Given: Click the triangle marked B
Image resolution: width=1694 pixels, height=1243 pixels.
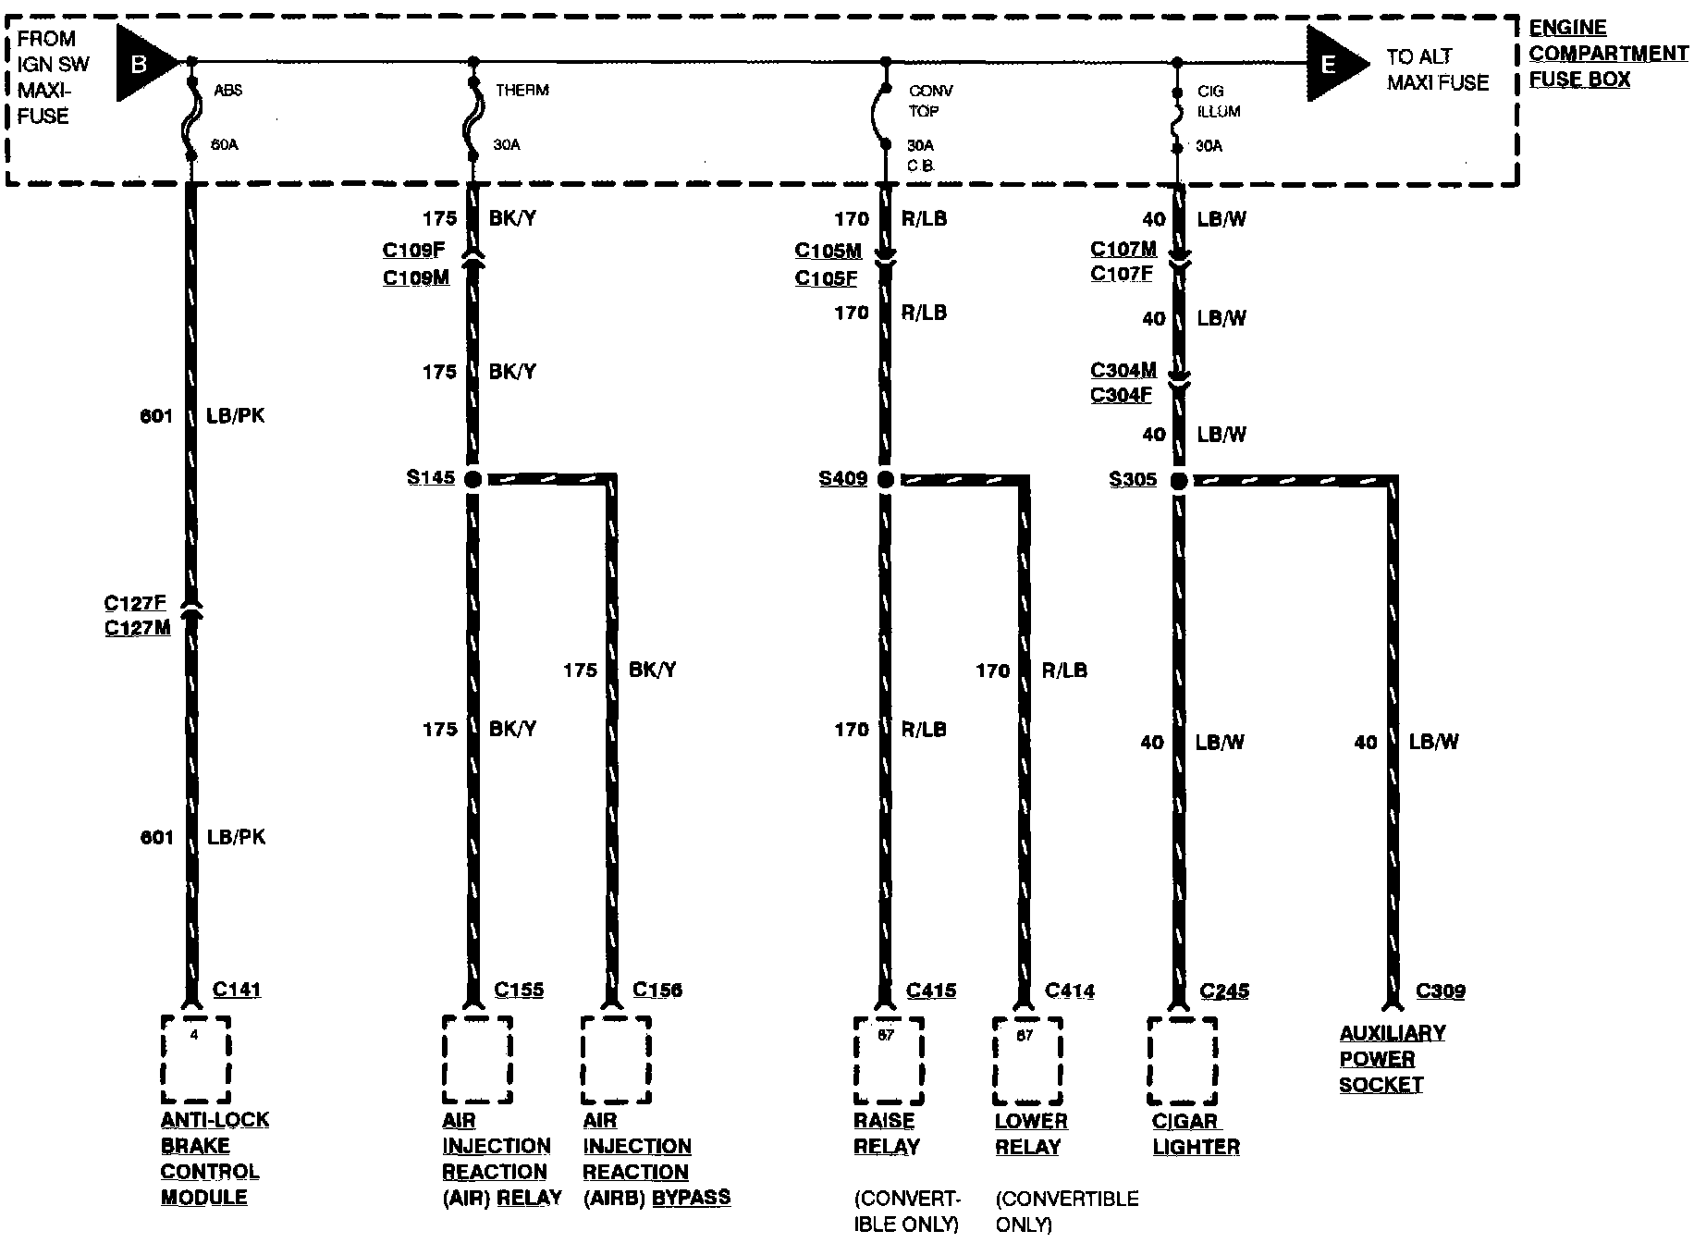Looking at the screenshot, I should coord(143,64).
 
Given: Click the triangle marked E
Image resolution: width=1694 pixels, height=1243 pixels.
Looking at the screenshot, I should coord(1332,64).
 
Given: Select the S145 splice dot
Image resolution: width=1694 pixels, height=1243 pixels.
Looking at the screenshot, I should coord(473,479).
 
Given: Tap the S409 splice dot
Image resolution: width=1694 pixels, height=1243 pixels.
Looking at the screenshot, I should coord(886,479).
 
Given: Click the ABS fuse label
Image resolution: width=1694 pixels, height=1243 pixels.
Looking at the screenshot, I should coord(228,91).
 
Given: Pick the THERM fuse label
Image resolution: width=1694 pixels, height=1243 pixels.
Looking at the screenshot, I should coord(522,91).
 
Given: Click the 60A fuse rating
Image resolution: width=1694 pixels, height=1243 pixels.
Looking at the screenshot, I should coord(224,145).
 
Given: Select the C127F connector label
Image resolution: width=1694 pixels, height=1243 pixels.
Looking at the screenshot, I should coord(135,604).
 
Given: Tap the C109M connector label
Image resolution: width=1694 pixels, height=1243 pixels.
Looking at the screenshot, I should coord(415,277).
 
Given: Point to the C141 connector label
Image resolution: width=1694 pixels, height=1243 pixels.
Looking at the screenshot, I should coord(237,990).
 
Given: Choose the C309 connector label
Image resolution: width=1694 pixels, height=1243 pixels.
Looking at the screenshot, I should coord(1441,991).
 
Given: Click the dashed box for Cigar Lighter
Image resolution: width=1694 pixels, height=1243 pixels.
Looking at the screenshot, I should coord(1182,1061).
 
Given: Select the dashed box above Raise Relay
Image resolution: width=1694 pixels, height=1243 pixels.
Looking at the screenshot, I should coord(888,1061).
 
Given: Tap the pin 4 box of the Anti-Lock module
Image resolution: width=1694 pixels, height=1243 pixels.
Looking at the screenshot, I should coord(195,1060).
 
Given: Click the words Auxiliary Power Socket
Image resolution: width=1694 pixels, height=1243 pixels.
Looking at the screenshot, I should coord(1392,1059).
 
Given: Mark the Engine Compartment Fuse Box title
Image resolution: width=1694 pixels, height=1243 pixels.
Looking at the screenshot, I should coord(1608,54).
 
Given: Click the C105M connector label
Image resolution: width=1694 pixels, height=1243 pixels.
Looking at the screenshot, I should coord(828,252).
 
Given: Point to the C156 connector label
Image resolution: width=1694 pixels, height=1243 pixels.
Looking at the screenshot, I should coord(657,991).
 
